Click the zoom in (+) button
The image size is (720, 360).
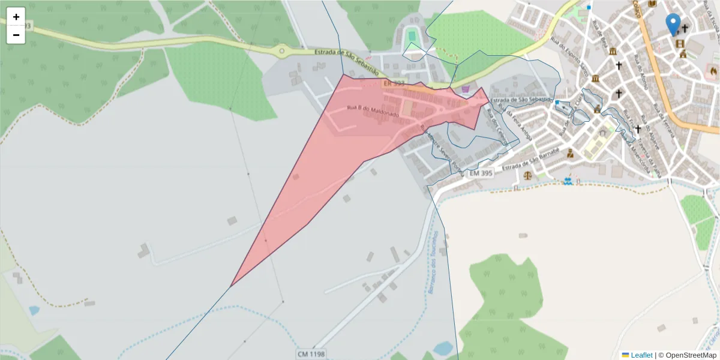16,17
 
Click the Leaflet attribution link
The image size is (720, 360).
641,355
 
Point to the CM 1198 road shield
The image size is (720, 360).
311,354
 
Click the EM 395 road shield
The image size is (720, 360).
481,173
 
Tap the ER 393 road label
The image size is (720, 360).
394,83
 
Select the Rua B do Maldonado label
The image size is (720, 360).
373,110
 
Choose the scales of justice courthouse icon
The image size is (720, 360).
527,176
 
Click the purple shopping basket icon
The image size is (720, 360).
465,89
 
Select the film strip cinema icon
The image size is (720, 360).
679,44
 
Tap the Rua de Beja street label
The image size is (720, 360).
602,36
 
